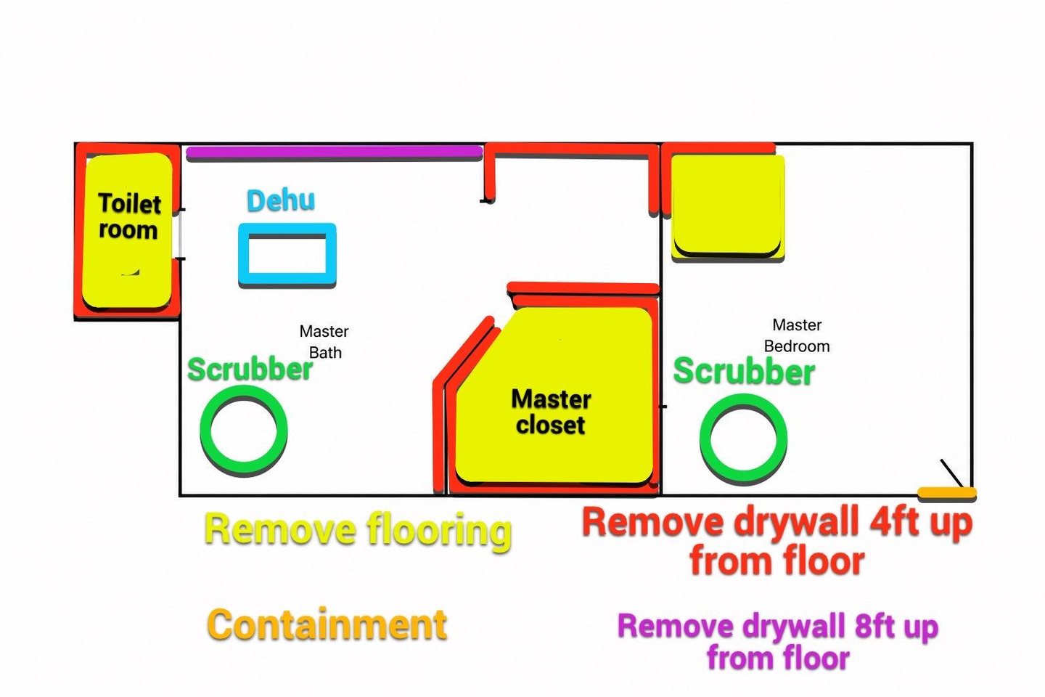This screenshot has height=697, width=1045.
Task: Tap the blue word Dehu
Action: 281,200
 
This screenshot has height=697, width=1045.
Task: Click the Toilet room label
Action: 129,216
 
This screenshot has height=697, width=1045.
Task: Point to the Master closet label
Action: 551,412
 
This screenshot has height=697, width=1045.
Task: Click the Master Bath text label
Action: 324,342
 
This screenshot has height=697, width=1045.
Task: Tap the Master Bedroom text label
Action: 797,335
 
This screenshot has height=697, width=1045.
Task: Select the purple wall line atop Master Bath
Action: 334,152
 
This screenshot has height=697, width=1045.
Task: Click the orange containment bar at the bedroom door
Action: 947,492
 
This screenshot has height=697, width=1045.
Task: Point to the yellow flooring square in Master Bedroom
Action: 728,206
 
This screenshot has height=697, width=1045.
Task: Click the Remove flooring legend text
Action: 358,530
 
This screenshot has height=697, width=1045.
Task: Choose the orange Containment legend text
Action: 327,624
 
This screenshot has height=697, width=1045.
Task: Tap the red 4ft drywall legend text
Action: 777,541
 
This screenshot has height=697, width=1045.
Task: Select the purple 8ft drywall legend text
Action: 778,642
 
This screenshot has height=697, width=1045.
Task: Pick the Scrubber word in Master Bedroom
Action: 744,371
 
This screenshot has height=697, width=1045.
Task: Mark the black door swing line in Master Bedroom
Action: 951,473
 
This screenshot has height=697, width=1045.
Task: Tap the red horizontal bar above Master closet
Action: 583,288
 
